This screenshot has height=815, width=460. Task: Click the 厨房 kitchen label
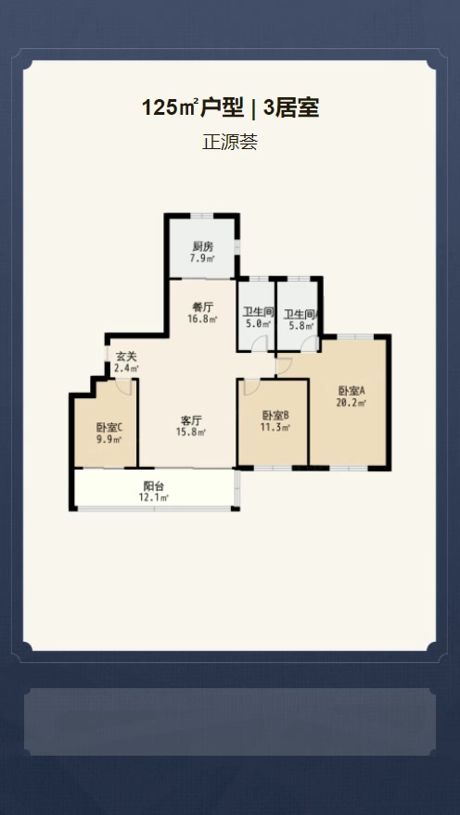click(203, 247)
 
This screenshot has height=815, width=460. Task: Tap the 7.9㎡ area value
click(203, 258)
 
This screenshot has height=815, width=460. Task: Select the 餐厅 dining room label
click(202, 307)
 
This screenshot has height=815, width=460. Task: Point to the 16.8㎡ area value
click(202, 319)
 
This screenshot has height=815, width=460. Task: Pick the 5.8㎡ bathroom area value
click(301, 326)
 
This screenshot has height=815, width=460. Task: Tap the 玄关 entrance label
click(126, 357)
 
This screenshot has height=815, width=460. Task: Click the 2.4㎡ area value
click(126, 369)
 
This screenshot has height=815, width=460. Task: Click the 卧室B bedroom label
click(275, 416)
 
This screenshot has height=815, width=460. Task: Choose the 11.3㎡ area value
click(275, 427)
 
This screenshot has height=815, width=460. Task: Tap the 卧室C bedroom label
click(109, 428)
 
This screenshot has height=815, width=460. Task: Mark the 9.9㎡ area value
click(109, 440)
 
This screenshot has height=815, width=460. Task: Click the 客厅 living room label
click(191, 420)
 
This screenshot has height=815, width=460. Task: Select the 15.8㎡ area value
click(191, 432)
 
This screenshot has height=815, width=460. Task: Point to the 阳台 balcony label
click(154, 486)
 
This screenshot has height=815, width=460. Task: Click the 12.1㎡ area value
click(154, 498)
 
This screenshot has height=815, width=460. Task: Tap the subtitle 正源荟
click(230, 142)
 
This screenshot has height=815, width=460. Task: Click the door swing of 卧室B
click(253, 387)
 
